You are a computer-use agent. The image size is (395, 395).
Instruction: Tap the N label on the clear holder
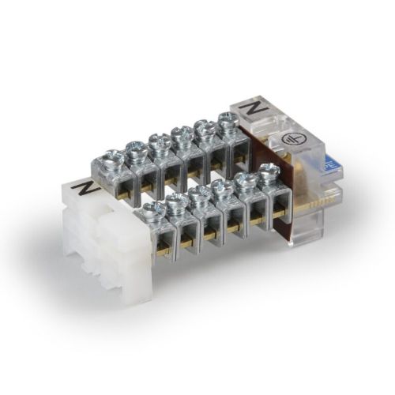coord(254,106)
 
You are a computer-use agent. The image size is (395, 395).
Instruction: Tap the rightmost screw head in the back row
coord(228,119)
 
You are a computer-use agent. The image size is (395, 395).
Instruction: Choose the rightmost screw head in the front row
coord(268,171)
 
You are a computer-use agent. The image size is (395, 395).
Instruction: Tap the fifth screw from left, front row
coord(246,179)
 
